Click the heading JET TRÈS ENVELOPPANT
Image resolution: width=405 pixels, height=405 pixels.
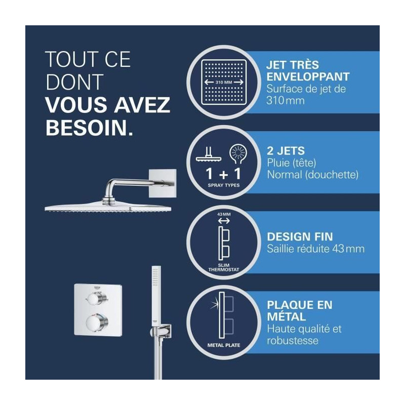pyautogui.click(x=308, y=71)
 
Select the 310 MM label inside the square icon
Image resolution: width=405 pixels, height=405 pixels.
pyautogui.click(x=224, y=83)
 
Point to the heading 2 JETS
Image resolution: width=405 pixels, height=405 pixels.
pyautogui.click(x=286, y=151)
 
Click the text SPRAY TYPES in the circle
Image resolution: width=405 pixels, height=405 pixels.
pyautogui.click(x=224, y=185)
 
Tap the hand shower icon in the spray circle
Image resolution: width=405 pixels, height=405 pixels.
pyautogui.click(x=238, y=154)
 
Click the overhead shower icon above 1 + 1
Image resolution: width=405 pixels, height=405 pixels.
pyautogui.click(x=209, y=154)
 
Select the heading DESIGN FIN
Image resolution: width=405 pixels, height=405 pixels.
pyautogui.click(x=300, y=237)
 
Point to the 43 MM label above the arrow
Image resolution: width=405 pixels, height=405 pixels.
pyautogui.click(x=224, y=214)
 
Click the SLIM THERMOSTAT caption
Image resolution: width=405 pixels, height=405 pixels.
pyautogui.click(x=224, y=267)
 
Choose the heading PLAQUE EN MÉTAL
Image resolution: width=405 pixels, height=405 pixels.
pyautogui.click(x=300, y=311)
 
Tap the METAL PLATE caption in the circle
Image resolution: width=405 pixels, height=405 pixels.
pyautogui.click(x=224, y=345)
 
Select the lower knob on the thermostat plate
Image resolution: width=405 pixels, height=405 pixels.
pyautogui.click(x=97, y=323)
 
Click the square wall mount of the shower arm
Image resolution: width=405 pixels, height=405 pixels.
pyautogui.click(x=163, y=183)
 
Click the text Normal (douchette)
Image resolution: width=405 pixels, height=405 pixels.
pyautogui.click(x=312, y=175)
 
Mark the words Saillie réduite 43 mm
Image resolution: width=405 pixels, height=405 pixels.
pyautogui.click(x=315, y=249)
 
